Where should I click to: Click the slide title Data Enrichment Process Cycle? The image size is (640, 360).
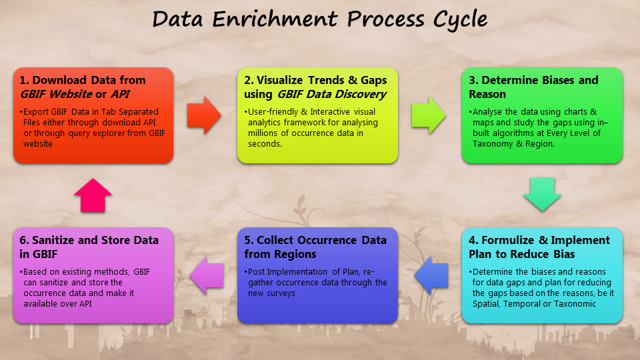[x=319, y=19]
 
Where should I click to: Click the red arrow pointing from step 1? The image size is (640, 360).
[x=204, y=115]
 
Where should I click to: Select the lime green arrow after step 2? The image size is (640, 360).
[x=429, y=115]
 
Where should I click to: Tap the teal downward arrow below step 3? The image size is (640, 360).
[x=543, y=194]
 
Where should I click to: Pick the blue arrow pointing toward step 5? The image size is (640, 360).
[x=431, y=275]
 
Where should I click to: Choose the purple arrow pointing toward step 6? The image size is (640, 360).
[x=207, y=275]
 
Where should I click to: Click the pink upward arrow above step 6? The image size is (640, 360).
[x=93, y=195]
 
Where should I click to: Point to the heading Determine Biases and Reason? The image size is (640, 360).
[x=533, y=87]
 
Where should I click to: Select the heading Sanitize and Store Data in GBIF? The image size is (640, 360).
[x=89, y=247]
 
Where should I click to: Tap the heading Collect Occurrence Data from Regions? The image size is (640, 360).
[x=315, y=247]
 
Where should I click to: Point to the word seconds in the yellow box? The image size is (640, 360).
[x=265, y=144]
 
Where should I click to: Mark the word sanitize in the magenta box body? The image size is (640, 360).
[x=54, y=283]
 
